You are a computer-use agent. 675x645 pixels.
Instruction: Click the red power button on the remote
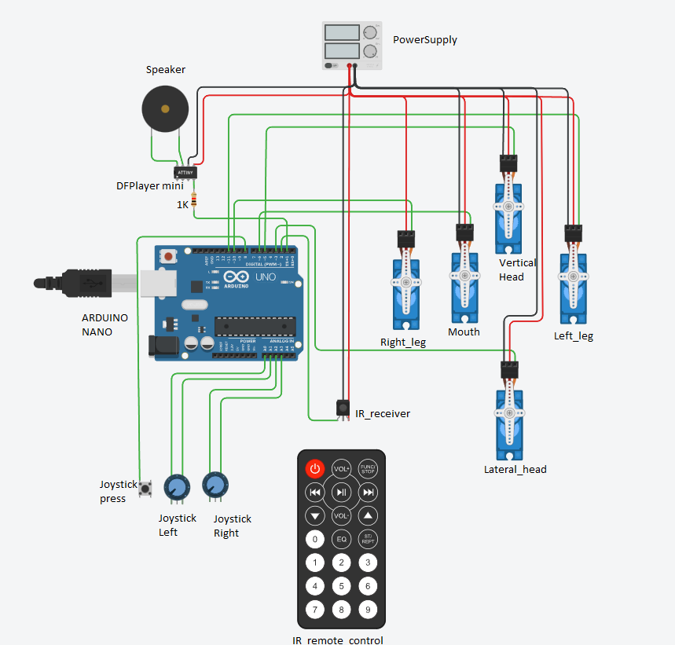[314, 469]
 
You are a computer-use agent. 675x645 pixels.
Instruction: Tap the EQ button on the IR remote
[341, 539]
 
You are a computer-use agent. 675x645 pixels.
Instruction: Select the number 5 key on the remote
[341, 586]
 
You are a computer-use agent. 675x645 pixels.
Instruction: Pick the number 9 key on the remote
[368, 609]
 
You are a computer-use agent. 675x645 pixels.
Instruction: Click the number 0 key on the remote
[314, 539]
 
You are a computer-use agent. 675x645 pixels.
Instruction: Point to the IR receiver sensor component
[343, 408]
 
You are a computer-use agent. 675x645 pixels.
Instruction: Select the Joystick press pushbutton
[146, 490]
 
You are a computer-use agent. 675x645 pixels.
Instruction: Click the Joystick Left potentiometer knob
[177, 488]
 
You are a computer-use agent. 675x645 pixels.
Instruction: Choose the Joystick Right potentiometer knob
[215, 486]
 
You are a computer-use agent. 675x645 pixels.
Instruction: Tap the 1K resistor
[194, 200]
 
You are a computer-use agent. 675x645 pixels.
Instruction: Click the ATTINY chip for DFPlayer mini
[185, 171]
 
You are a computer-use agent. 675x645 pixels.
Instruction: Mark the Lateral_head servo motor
[509, 416]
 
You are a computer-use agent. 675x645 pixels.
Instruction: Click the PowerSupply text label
[424, 39]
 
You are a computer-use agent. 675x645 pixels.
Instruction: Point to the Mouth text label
[464, 332]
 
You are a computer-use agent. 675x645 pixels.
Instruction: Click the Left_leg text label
[574, 335]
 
